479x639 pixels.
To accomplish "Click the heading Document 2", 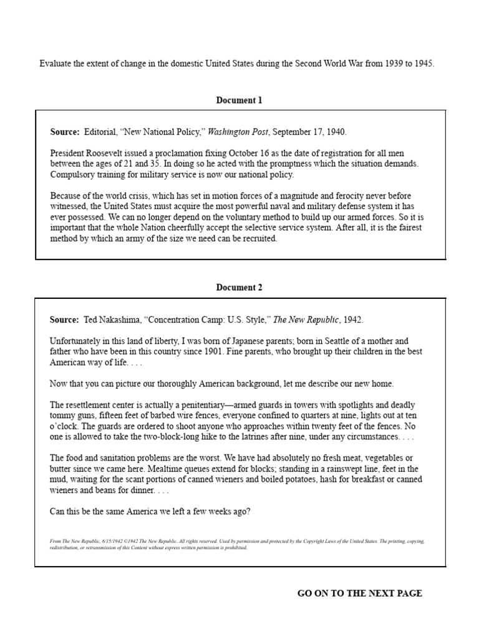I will (239, 287).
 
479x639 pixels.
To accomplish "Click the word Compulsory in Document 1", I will (71, 173).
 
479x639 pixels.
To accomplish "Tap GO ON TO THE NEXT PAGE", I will (359, 593).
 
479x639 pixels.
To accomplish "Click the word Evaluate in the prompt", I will (56, 64).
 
